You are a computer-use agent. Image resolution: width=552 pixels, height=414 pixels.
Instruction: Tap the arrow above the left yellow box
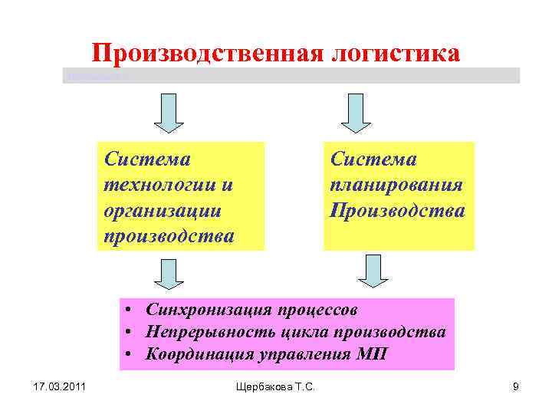(169, 113)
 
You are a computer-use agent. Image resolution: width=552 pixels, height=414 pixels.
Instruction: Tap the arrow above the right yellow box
(355, 113)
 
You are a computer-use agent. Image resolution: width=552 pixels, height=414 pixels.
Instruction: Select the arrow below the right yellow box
(373, 271)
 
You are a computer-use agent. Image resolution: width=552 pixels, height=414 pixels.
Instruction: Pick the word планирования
(396, 186)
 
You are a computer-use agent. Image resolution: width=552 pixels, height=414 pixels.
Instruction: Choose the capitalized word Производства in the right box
(397, 210)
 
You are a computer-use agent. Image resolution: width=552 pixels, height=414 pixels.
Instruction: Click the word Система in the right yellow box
(373, 159)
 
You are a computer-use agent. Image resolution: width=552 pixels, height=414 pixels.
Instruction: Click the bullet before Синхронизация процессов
(133, 310)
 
